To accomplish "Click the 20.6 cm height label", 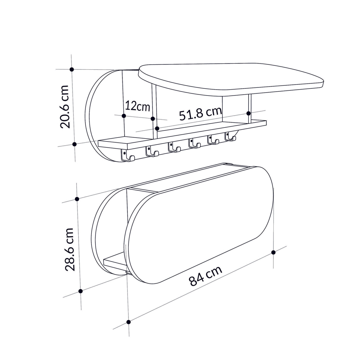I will point(64,106).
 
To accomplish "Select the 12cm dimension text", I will point(138,106).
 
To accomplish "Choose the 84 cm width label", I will point(206,276).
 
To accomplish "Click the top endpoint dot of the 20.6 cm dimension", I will point(72,69).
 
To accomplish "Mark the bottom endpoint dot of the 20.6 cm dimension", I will point(75,144).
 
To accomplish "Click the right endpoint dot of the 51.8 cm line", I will point(249,113).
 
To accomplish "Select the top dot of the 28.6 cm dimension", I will point(77,199).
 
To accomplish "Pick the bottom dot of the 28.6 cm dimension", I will point(80,291).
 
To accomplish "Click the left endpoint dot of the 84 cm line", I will point(128,322).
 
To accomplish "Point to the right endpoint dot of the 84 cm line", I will point(273,252).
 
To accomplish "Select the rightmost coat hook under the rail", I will point(230,137).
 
